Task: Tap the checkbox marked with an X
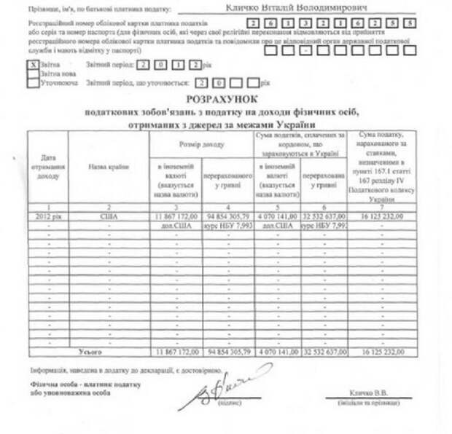[x=31, y=63]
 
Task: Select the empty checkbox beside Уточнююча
[x=31, y=82]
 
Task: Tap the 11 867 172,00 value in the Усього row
[x=174, y=351]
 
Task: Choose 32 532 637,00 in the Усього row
[x=323, y=351]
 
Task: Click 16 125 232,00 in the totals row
[x=382, y=351]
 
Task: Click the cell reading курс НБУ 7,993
[x=227, y=226]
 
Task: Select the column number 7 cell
[x=382, y=208]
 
